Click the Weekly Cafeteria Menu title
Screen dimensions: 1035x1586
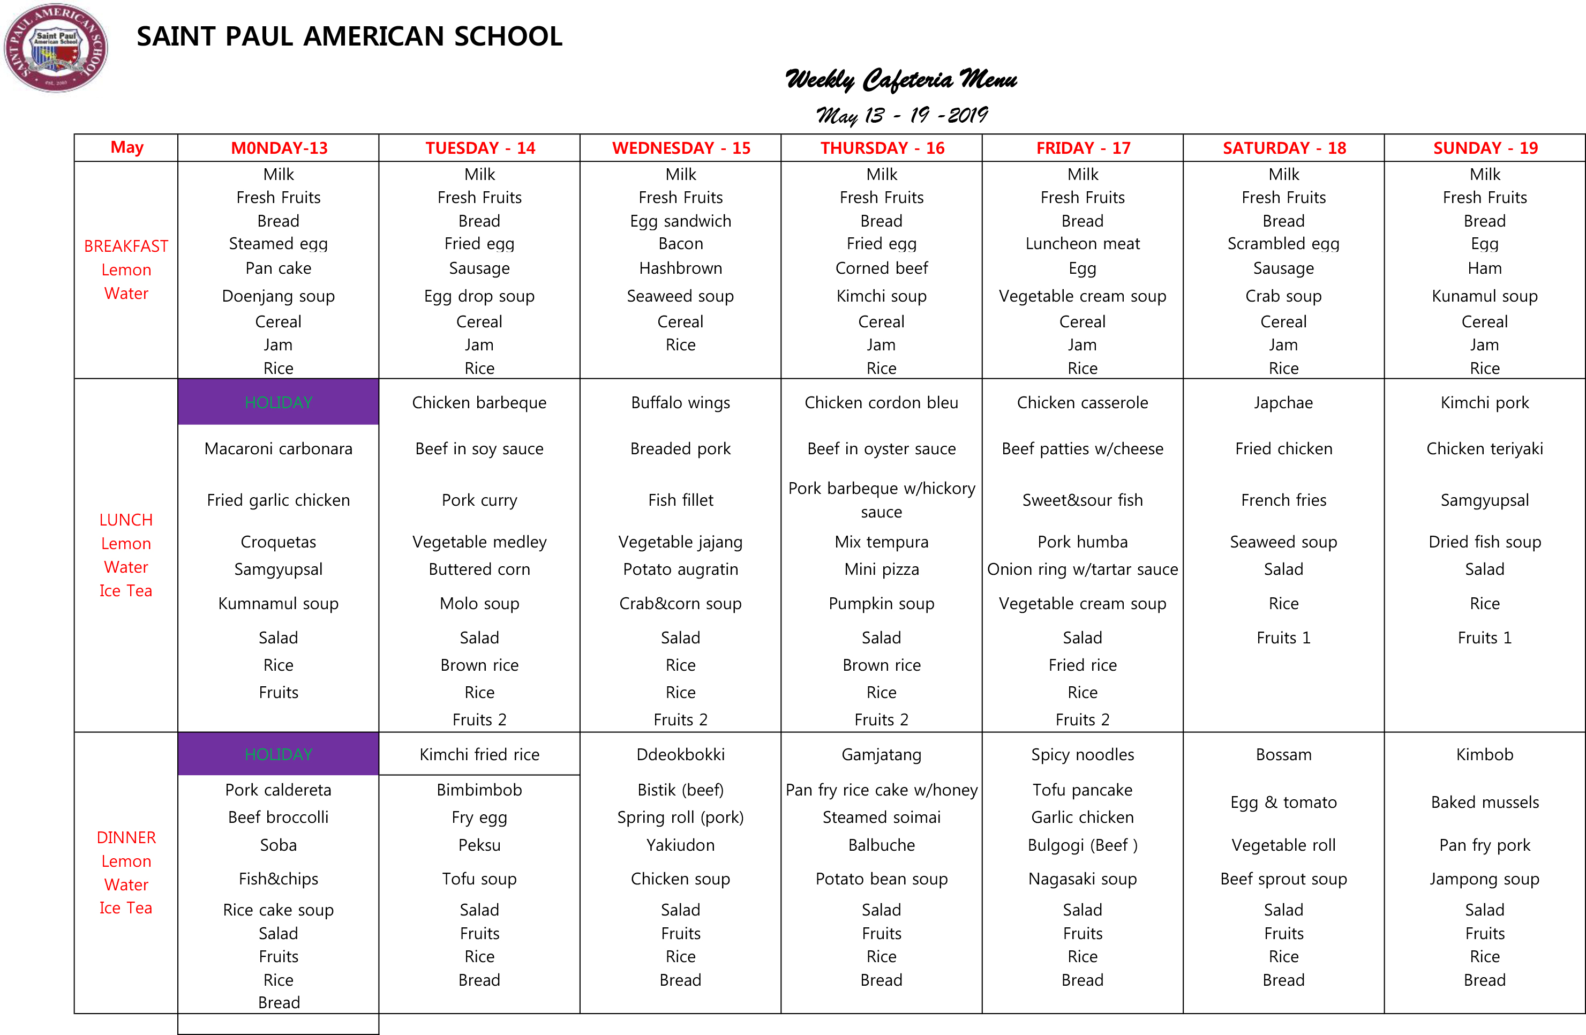(x=901, y=80)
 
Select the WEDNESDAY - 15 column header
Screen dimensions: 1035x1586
(x=680, y=148)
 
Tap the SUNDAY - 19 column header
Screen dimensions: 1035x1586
(x=1485, y=148)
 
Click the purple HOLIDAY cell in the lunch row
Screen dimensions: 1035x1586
(x=279, y=402)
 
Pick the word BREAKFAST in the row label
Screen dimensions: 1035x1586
(x=126, y=246)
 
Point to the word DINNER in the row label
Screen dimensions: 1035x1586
(x=126, y=838)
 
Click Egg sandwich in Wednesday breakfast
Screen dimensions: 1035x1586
(x=680, y=221)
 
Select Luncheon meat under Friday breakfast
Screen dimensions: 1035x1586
(x=1082, y=244)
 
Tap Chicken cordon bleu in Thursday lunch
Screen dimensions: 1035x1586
(x=881, y=402)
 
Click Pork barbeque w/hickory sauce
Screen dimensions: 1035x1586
(x=881, y=500)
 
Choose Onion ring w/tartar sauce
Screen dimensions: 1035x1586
(x=1082, y=569)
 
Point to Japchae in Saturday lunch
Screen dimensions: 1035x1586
(x=1283, y=402)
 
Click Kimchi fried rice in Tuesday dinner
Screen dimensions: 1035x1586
(x=479, y=754)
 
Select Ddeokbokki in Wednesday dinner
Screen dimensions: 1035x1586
(x=680, y=754)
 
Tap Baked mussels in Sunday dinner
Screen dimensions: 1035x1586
(x=1485, y=802)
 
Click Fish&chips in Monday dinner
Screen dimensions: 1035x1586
(x=279, y=879)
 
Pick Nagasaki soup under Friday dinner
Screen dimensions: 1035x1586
(x=1082, y=879)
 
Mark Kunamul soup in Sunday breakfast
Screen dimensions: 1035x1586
(x=1485, y=296)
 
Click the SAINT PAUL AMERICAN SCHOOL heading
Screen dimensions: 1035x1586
(x=349, y=36)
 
